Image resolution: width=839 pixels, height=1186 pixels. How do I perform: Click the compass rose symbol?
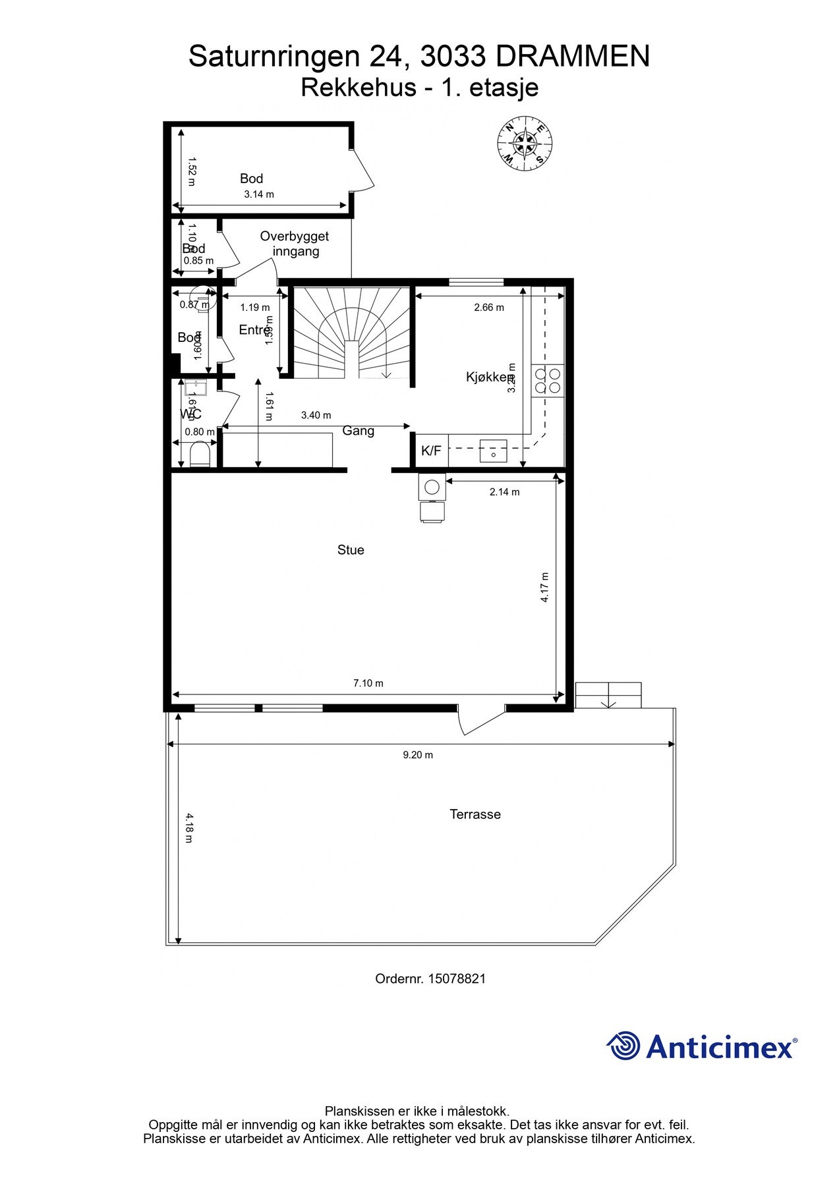pos(525,143)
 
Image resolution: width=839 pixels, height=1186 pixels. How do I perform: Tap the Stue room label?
pos(351,550)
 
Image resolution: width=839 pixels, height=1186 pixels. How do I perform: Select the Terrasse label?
pos(475,814)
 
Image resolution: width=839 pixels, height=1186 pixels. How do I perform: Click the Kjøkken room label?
pos(488,378)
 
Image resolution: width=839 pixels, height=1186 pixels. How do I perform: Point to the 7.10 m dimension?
pos(368,683)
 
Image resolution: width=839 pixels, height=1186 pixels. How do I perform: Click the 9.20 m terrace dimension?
pos(418,755)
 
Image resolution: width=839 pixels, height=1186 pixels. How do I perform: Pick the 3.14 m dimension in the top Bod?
pos(259,194)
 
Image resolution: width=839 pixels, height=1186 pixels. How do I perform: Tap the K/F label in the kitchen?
pos(431,451)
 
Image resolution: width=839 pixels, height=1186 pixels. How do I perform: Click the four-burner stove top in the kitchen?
pos(548,380)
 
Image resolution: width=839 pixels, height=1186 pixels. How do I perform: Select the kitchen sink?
pos(493,451)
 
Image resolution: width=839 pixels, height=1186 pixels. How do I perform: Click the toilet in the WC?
pos(199,455)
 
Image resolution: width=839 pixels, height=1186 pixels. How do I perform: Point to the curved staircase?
pos(353,333)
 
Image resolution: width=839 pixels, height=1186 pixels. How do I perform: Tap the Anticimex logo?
pos(701,1046)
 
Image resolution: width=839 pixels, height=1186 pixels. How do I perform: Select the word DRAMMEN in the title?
pos(572,57)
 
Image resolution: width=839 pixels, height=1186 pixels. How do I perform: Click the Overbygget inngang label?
pos(295,244)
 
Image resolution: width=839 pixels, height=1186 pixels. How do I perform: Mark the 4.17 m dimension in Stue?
pos(544,587)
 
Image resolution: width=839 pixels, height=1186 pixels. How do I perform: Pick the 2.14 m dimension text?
pos(504,492)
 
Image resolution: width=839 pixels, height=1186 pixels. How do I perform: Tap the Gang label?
pos(358,431)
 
